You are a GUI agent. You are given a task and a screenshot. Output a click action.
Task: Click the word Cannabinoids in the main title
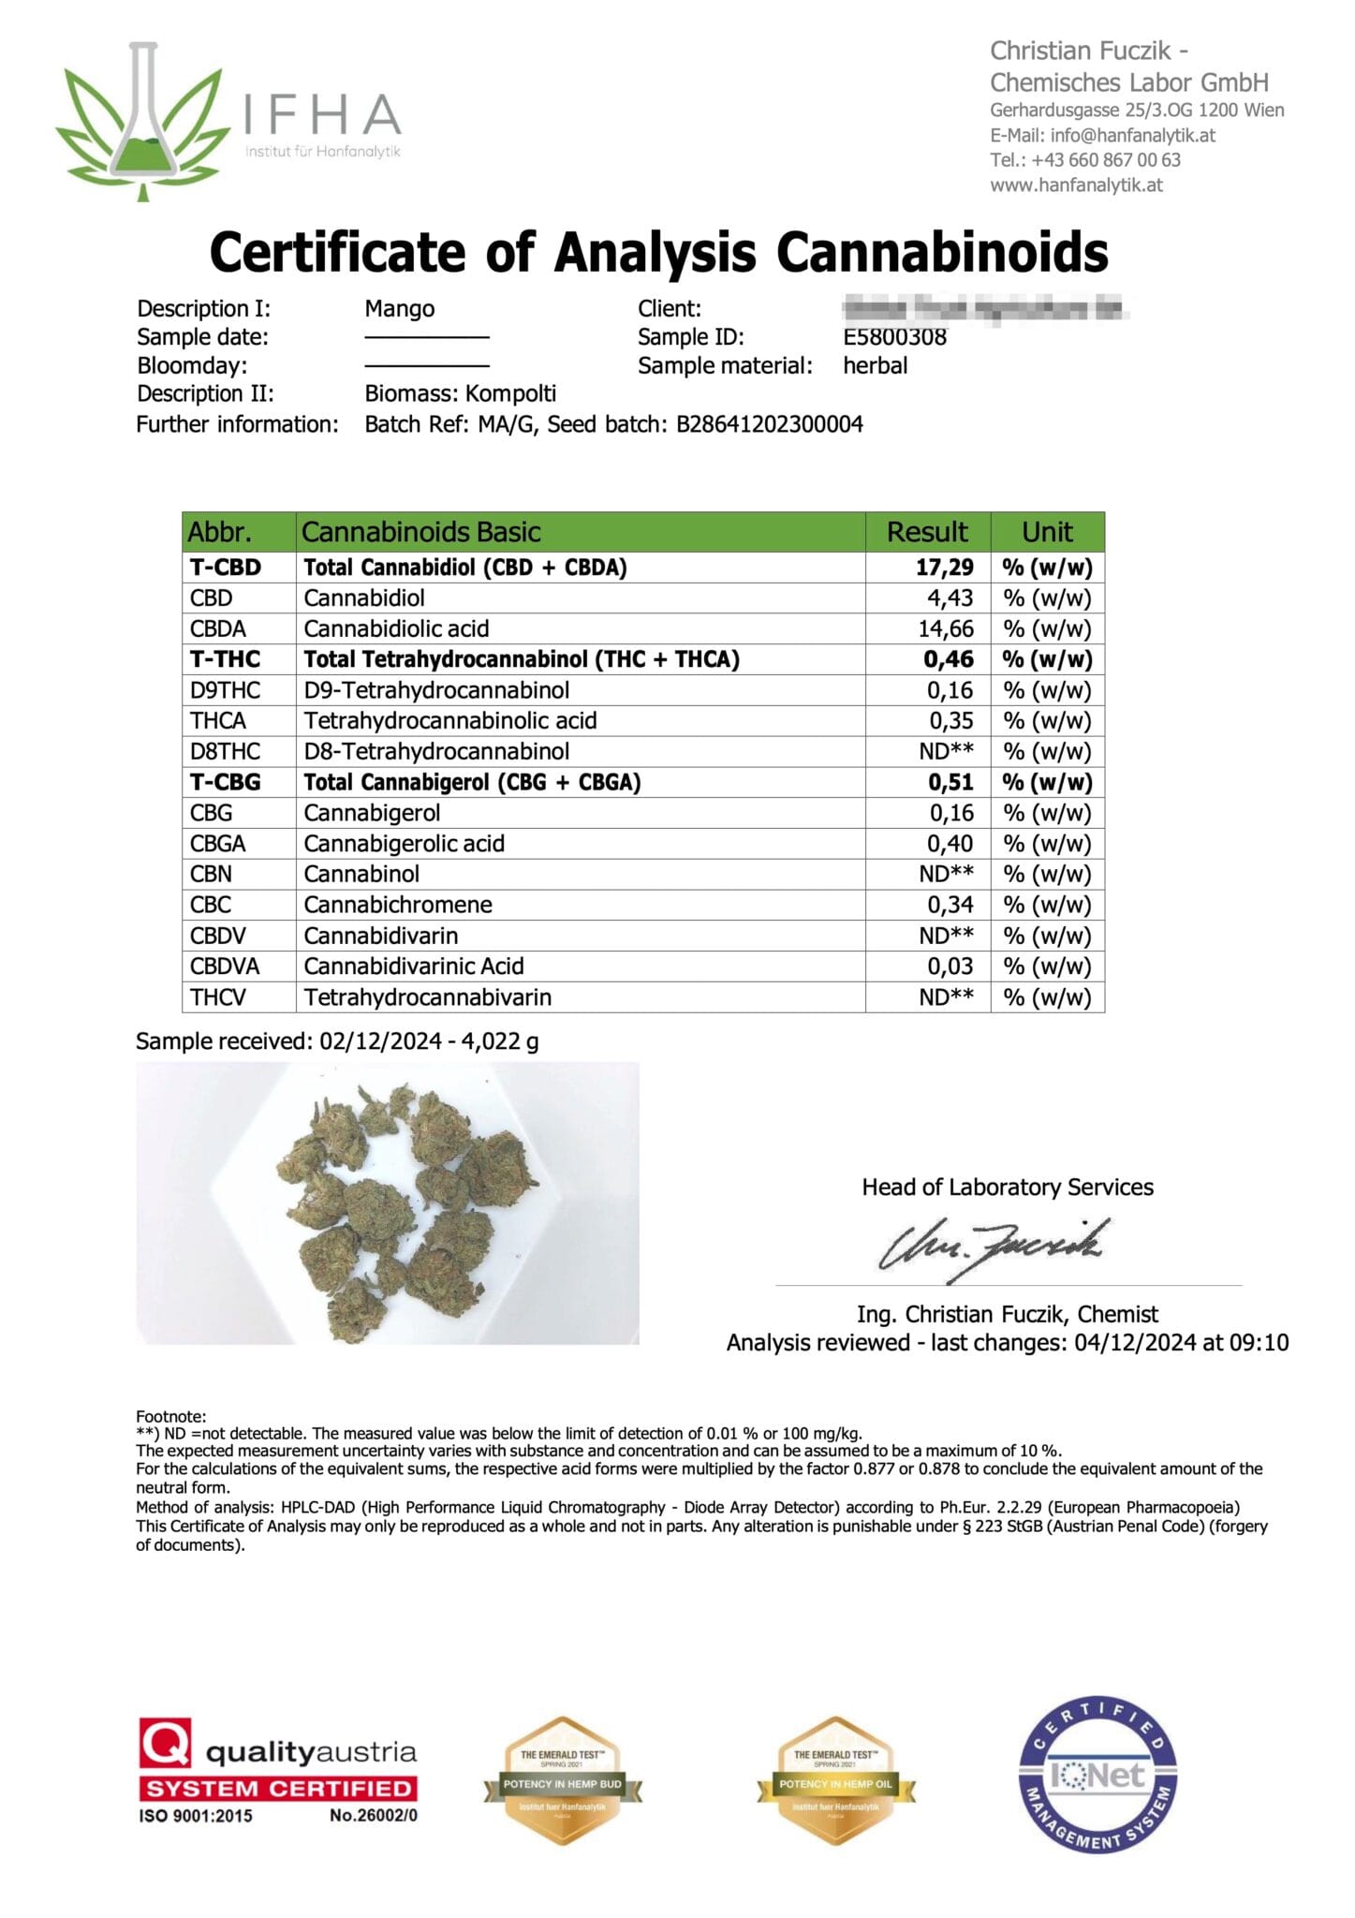[x=942, y=253]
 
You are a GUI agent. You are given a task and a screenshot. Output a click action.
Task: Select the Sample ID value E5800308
[x=894, y=337]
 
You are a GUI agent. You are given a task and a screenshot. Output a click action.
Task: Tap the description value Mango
[x=400, y=309]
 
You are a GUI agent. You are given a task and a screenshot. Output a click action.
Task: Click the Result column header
[x=927, y=532]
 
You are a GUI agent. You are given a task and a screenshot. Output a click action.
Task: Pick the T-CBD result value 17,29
[x=944, y=568]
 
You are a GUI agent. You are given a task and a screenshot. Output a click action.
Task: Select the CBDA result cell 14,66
[x=945, y=628]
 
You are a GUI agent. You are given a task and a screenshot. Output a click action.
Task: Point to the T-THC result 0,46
[x=948, y=659]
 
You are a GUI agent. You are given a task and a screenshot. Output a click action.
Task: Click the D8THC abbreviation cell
[x=225, y=751]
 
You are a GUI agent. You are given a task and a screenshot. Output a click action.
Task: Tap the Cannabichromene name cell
[x=398, y=905]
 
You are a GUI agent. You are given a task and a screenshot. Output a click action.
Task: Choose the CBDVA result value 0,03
[x=950, y=966]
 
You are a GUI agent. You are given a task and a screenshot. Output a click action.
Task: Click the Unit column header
[x=1047, y=532]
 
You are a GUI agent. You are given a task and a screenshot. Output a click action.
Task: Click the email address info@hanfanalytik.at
[x=1132, y=135]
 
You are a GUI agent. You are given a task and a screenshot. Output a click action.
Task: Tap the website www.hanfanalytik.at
[x=1076, y=185]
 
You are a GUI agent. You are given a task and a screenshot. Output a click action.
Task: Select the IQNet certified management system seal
[x=1097, y=1775]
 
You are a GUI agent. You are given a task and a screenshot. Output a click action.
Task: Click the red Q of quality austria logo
[x=166, y=1743]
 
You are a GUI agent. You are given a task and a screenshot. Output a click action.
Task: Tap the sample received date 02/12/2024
[x=380, y=1041]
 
